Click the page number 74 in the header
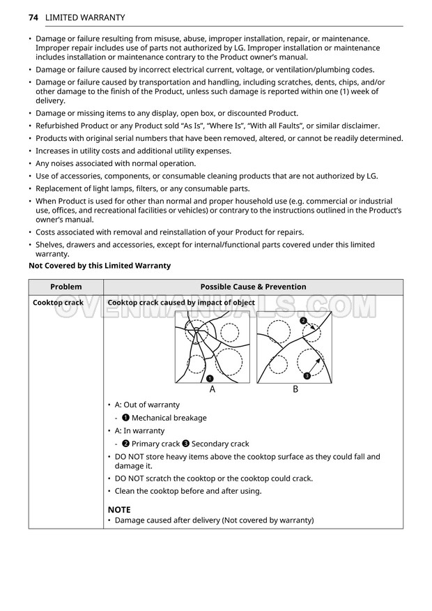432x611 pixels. coord(33,17)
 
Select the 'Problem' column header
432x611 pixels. coord(65,287)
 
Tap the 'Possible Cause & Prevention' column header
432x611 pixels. coord(253,287)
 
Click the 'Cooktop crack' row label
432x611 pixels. coord(58,303)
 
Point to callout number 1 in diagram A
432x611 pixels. coord(209,378)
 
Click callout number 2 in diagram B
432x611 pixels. coord(303,321)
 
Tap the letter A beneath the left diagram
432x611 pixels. coord(213,390)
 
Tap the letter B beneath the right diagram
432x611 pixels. coord(295,390)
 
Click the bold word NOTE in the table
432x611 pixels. coord(119,510)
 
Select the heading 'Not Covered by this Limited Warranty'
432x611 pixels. coord(100,266)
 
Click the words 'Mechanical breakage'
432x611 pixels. coord(169,418)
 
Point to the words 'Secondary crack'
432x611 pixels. coord(220,444)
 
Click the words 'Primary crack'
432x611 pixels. coord(156,444)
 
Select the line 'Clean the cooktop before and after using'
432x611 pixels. coord(188,491)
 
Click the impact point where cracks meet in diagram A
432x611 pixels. coord(196,331)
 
